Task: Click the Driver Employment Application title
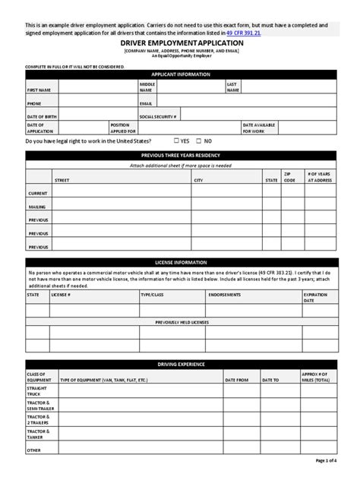click(x=179, y=45)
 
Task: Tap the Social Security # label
click(x=158, y=115)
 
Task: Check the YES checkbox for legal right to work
click(x=176, y=141)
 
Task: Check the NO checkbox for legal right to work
click(x=199, y=141)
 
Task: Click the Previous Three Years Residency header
click(x=179, y=155)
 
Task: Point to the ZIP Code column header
click(x=289, y=178)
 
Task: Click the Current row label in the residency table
click(x=38, y=194)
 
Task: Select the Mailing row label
click(x=37, y=207)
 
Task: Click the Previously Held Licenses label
click(x=179, y=322)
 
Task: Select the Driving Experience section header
click(x=179, y=365)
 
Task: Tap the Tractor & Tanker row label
click(x=38, y=434)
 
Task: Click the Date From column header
click(x=237, y=378)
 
